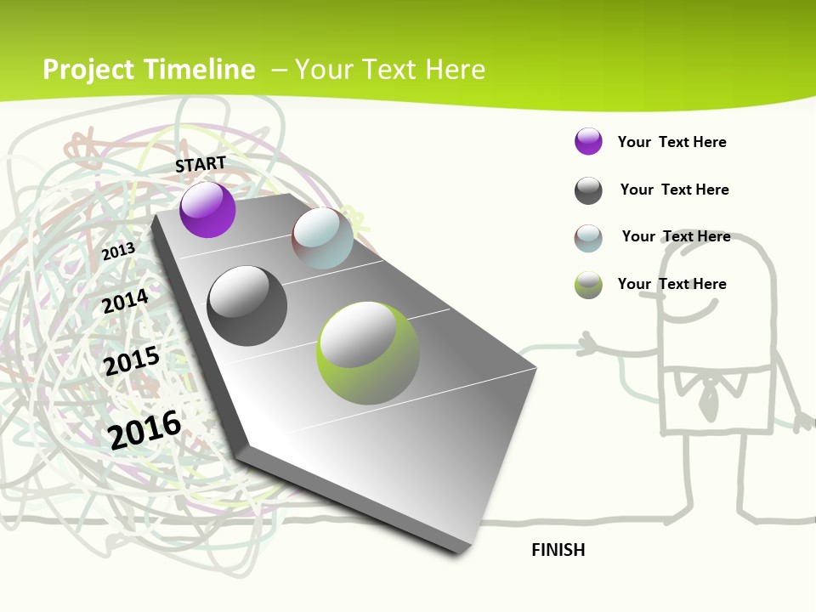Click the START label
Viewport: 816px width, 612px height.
[x=201, y=164]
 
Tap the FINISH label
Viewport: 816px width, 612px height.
[x=558, y=550]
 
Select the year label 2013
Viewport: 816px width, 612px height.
[x=119, y=252]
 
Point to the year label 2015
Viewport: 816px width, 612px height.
[x=132, y=362]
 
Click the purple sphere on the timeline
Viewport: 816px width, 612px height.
[x=207, y=210]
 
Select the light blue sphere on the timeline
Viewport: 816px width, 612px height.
[x=322, y=238]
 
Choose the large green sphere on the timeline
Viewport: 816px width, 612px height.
[x=368, y=353]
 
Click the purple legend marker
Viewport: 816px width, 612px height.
[x=588, y=141]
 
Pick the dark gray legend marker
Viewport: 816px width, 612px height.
[x=588, y=190]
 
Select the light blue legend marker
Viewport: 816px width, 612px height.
[x=588, y=238]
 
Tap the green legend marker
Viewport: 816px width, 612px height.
[x=588, y=285]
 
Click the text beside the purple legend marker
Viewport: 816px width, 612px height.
[x=671, y=142]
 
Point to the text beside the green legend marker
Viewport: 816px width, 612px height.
[x=671, y=284]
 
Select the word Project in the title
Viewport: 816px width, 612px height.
[x=88, y=70]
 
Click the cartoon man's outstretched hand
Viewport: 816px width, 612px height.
[x=588, y=345]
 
